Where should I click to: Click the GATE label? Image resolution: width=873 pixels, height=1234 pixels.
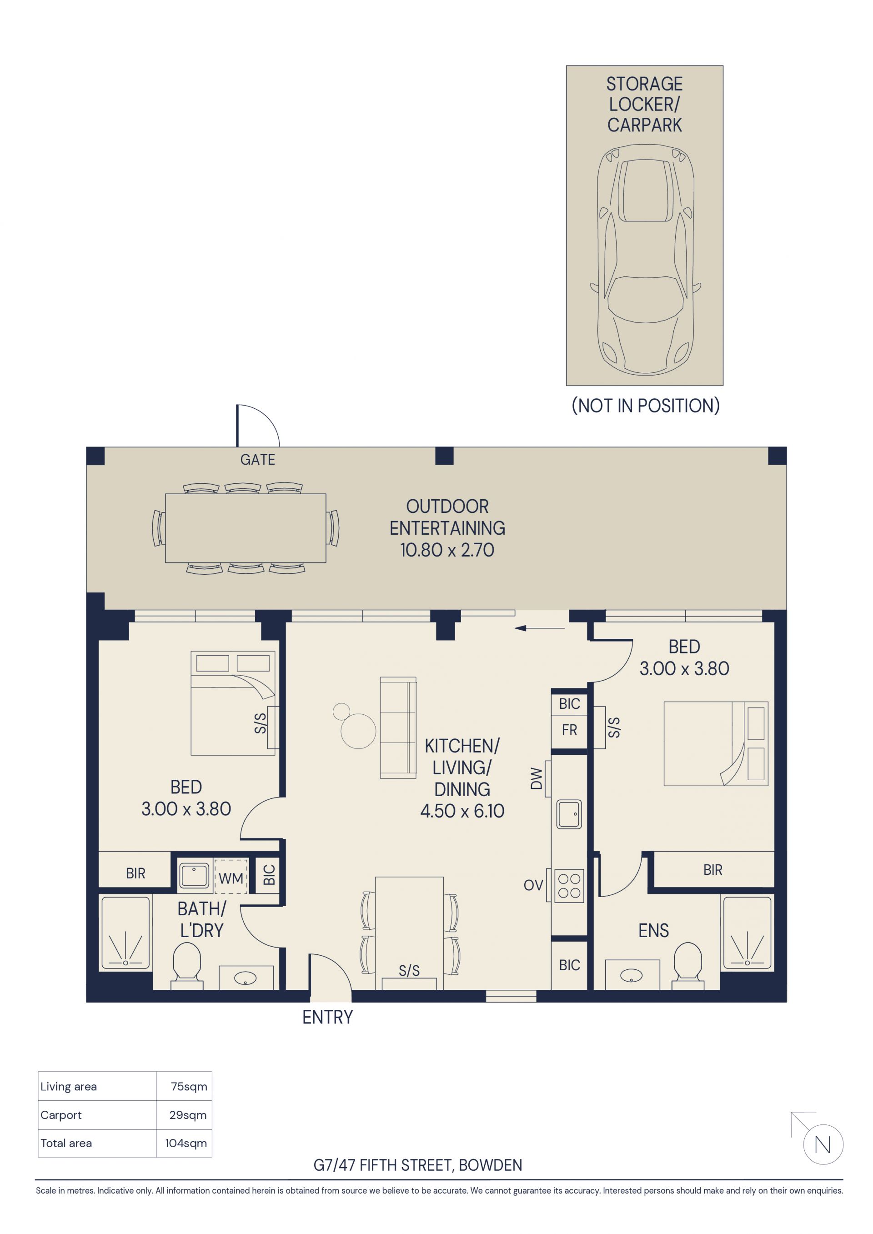(x=257, y=460)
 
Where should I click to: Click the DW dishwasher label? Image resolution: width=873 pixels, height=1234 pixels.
(x=536, y=778)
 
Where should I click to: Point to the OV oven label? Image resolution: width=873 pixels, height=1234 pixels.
(x=533, y=885)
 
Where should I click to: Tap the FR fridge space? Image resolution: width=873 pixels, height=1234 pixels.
(x=569, y=730)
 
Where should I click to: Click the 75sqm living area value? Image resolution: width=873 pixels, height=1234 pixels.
(x=189, y=1086)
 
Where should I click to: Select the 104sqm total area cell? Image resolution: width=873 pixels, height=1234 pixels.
(x=186, y=1143)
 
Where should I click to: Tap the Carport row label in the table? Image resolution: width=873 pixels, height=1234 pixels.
(x=61, y=1115)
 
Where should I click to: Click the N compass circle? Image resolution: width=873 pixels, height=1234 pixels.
(x=823, y=1145)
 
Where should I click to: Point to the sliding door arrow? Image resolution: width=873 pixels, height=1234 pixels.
(x=540, y=628)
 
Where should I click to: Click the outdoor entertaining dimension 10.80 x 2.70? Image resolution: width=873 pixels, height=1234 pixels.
(x=447, y=550)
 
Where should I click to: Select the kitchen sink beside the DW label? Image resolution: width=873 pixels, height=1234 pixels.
(x=569, y=814)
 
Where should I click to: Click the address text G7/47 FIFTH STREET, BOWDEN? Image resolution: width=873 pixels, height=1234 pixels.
(x=418, y=1165)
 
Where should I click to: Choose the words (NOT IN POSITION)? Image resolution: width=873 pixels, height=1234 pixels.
(x=646, y=406)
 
